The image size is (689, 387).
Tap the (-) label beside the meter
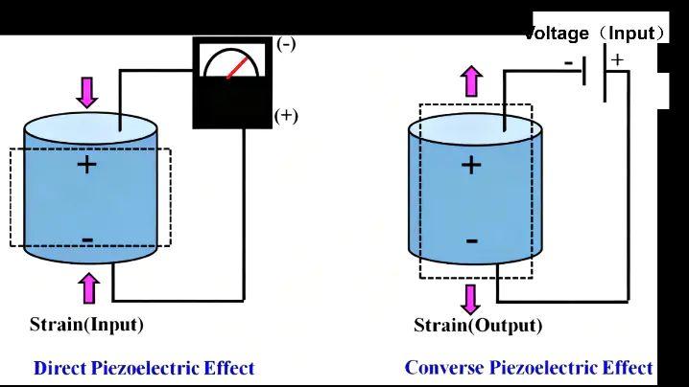click(x=286, y=43)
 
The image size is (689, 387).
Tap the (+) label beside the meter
click(x=286, y=116)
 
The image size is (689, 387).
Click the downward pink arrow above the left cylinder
click(x=88, y=92)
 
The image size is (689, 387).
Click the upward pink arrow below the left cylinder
click(x=89, y=287)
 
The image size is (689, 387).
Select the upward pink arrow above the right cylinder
click(x=472, y=80)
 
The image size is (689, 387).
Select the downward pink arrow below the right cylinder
click(x=471, y=298)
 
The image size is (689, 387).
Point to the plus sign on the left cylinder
click(x=87, y=165)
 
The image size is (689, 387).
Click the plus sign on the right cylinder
click(x=471, y=165)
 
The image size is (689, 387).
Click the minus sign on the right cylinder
click(x=471, y=240)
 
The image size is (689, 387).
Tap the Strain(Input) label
click(x=86, y=325)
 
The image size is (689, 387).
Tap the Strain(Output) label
click(x=478, y=326)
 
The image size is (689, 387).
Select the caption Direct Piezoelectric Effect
click(x=144, y=368)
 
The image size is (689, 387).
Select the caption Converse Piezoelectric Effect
click(x=529, y=368)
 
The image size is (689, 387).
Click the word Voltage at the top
click(x=557, y=34)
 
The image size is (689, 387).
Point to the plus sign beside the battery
click(x=617, y=59)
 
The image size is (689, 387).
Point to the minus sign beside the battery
click(x=569, y=63)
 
